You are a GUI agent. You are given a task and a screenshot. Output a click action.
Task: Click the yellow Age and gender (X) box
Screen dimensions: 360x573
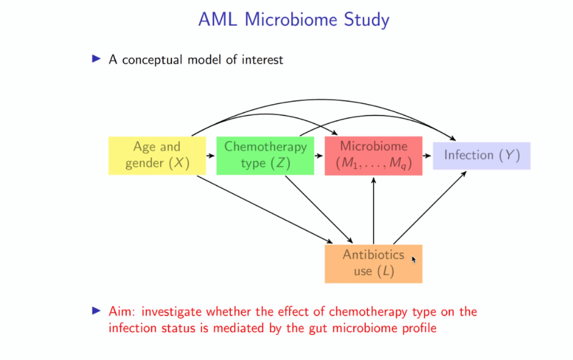[157, 155]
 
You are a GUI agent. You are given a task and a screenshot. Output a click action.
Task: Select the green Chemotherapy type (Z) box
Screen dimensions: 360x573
[265, 155]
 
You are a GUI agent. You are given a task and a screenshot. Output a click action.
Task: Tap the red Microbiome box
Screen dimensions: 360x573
[373, 155]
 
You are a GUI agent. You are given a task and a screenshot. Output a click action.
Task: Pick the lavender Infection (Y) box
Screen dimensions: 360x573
[481, 155]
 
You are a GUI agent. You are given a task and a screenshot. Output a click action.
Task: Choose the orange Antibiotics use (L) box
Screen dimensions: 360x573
[373, 263]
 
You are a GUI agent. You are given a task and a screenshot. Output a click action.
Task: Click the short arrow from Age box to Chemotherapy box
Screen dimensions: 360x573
[211, 156]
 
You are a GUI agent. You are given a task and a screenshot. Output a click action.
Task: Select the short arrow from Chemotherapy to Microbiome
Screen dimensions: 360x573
[319, 156]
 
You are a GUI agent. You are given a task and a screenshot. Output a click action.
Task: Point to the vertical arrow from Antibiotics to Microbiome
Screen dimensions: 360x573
[374, 211]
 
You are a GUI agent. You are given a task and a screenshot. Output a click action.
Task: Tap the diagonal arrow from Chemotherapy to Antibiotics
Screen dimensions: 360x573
[318, 209]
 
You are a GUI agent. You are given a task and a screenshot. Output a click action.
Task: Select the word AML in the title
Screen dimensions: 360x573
[218, 20]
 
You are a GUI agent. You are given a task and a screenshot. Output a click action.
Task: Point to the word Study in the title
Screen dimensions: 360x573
[364, 20]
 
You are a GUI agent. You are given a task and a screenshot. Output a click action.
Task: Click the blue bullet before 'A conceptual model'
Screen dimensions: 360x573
[97, 59]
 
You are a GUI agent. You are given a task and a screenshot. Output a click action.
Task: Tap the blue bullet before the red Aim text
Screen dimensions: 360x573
[97, 311]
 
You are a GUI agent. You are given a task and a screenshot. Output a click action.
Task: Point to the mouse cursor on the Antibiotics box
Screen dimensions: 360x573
[413, 258]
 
